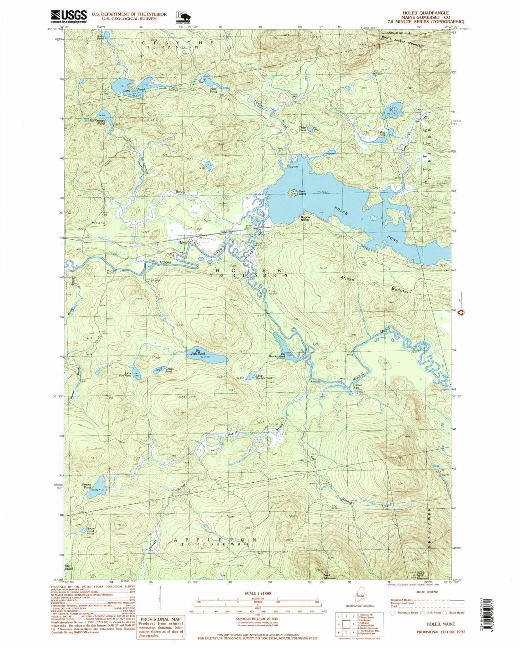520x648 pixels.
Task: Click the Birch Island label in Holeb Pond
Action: [x=302, y=193]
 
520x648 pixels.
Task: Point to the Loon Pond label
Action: [x=393, y=109]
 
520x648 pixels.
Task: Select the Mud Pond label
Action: [x=213, y=90]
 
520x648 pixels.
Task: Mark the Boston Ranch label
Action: [x=305, y=218]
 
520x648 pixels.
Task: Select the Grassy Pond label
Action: [x=169, y=370]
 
